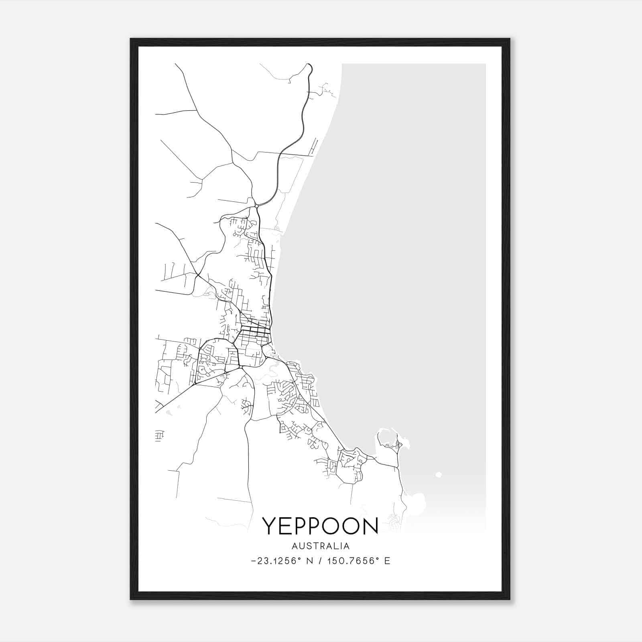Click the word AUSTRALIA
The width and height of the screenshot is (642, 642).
pyautogui.click(x=321, y=546)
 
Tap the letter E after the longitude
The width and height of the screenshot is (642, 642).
pyautogui.click(x=387, y=561)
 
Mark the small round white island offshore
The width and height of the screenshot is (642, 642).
pyautogui.click(x=438, y=475)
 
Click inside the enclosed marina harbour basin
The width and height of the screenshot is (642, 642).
pyautogui.click(x=386, y=437)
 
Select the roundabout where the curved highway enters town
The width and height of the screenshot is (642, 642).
pyautogui.click(x=256, y=206)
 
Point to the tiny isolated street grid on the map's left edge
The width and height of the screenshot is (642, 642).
pyautogui.click(x=159, y=435)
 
